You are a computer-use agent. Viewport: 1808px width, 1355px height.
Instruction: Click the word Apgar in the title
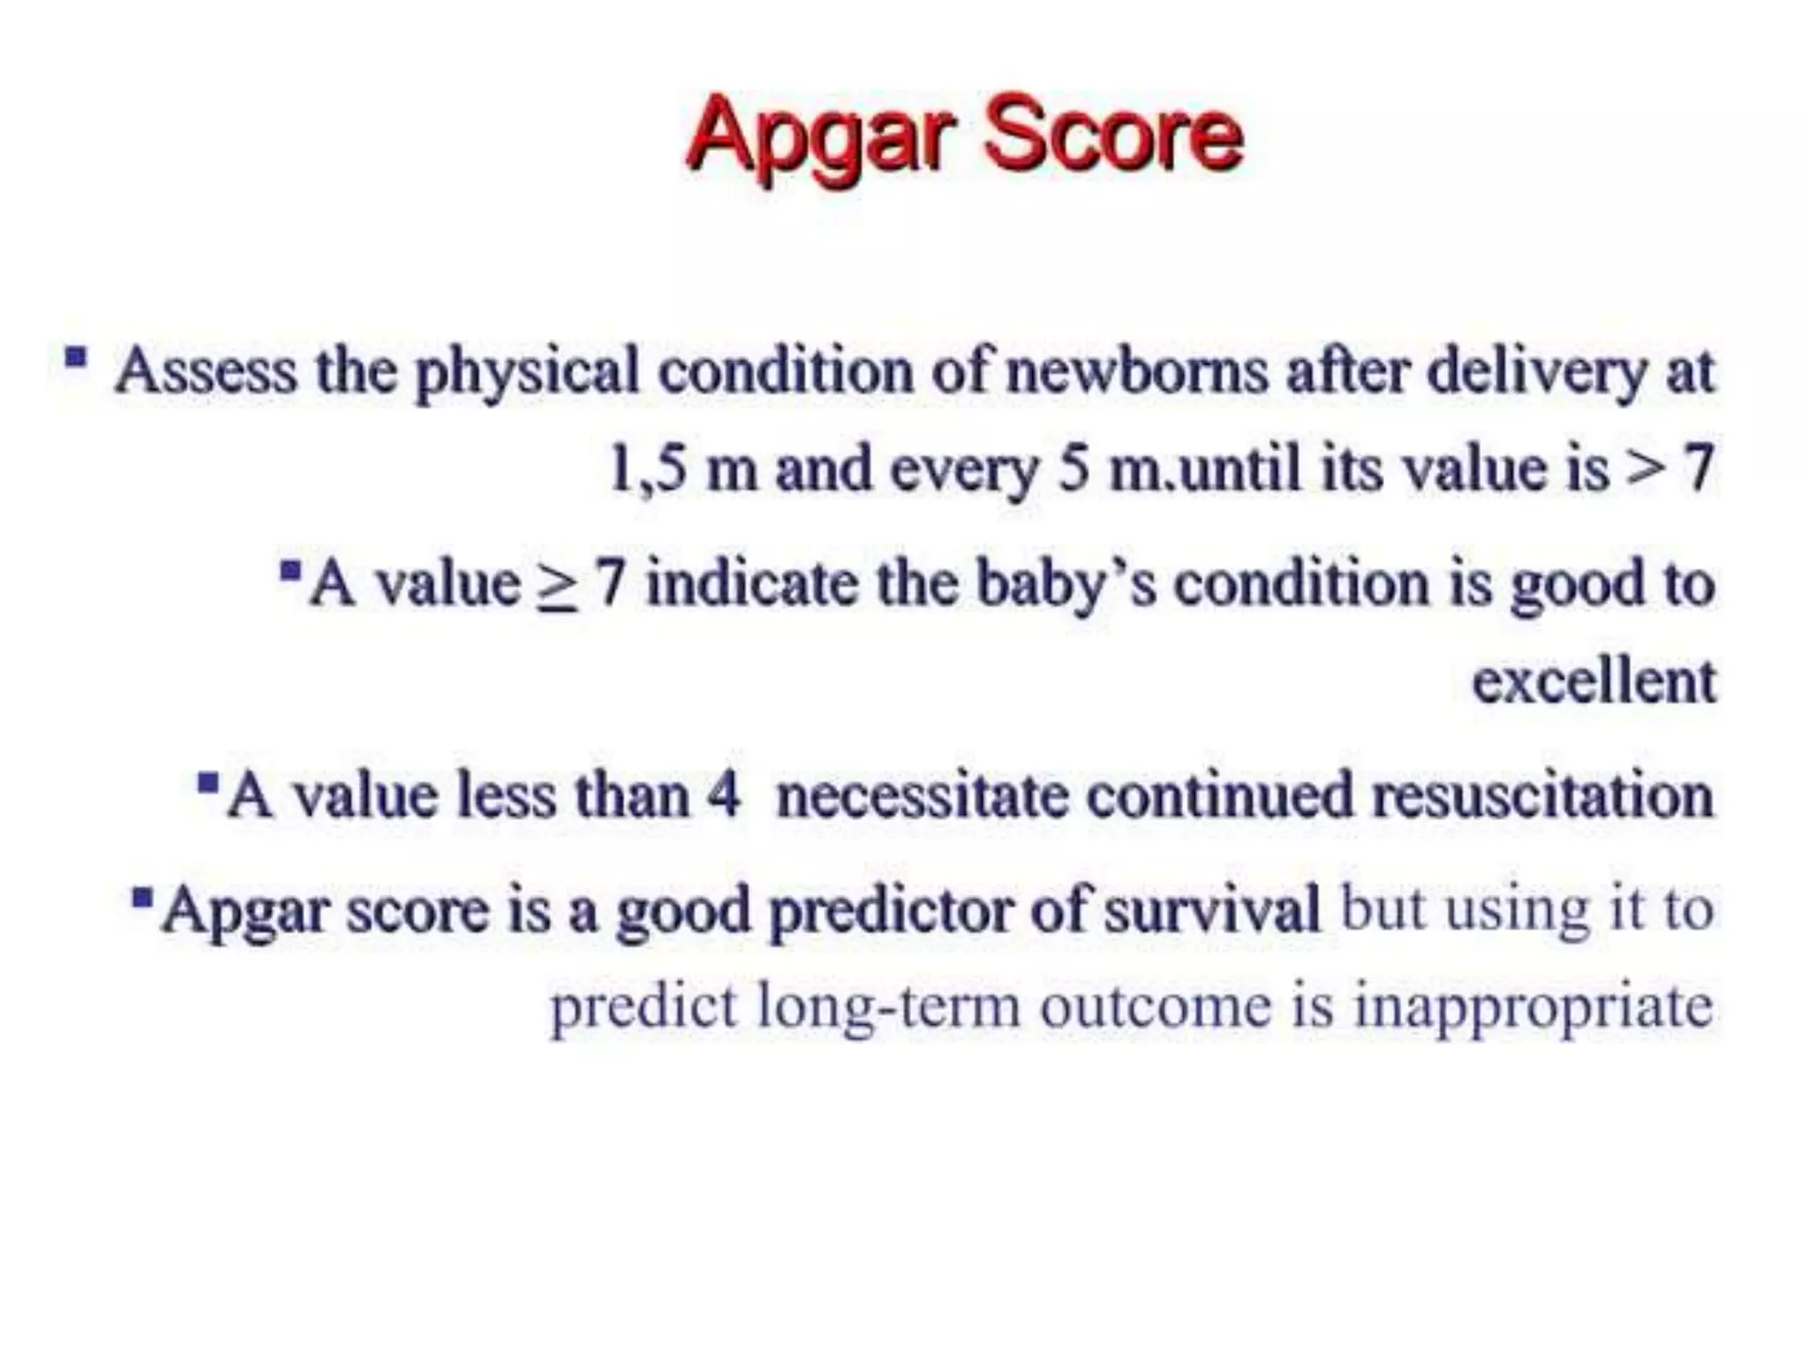(x=821, y=137)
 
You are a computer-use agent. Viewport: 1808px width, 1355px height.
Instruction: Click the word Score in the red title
(x=1114, y=137)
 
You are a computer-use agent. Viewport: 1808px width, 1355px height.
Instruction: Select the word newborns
(x=1137, y=371)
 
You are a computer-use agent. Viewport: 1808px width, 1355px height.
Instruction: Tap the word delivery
(x=1536, y=371)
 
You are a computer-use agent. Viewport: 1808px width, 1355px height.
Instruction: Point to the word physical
(x=527, y=371)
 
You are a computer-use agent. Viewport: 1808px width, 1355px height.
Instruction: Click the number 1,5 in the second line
(x=647, y=469)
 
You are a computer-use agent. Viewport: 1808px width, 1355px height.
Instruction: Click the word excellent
(x=1593, y=681)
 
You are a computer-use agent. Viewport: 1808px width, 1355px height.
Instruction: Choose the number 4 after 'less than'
(x=722, y=794)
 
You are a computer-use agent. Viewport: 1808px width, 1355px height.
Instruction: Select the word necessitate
(x=921, y=794)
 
